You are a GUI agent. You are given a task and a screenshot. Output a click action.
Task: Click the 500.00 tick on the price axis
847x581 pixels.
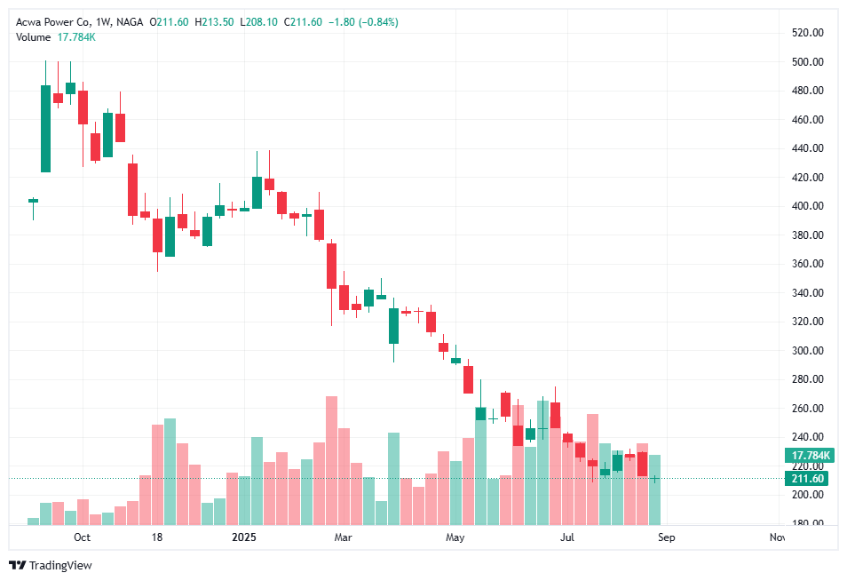point(808,62)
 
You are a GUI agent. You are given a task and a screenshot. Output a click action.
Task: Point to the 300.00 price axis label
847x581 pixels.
point(808,351)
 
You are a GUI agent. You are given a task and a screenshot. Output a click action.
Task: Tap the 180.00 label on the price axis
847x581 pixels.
point(808,523)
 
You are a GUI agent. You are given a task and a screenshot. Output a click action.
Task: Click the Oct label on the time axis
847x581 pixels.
point(82,537)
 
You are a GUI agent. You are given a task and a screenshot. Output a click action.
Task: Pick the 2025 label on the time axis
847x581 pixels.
point(243,537)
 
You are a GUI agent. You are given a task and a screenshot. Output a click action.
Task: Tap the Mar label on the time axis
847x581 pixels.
point(343,537)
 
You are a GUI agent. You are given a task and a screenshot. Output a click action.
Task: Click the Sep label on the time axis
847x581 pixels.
point(667,537)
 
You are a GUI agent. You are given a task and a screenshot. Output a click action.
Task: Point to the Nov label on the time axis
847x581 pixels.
point(777,537)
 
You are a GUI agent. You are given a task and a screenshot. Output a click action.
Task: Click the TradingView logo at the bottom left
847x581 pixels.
point(51,565)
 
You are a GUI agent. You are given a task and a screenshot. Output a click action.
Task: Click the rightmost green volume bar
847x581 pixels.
point(654,489)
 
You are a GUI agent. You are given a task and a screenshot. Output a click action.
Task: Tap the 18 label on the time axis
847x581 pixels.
point(157,537)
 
